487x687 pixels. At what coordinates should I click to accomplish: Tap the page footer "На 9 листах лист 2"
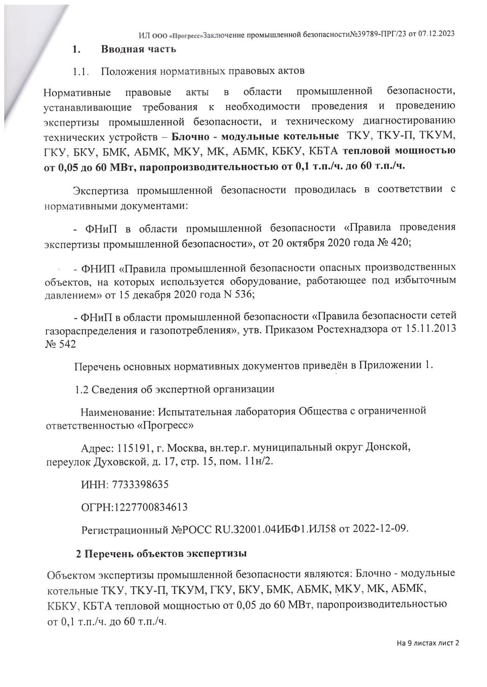[x=428, y=643]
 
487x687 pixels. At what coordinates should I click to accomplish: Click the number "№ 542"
[x=60, y=344]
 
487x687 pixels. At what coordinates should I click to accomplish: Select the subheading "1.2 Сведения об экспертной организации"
[x=174, y=389]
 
